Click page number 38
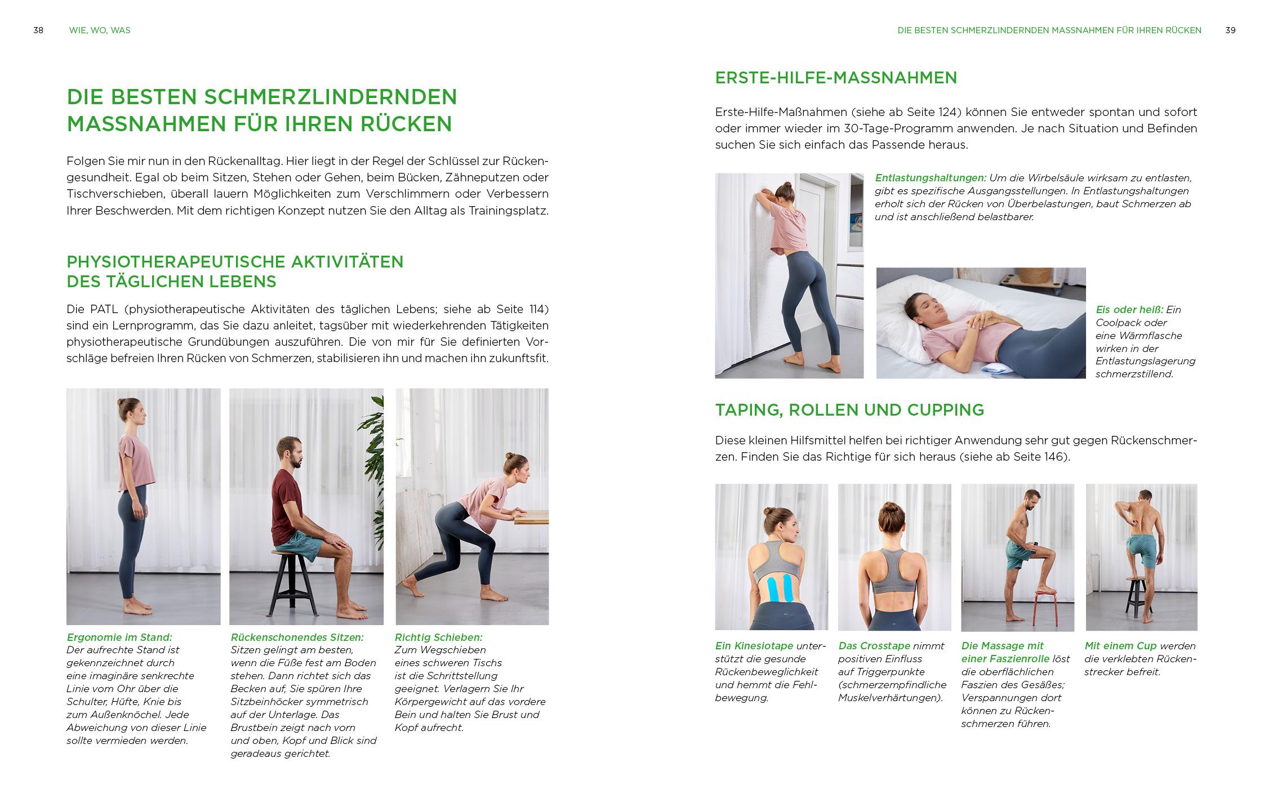tap(38, 30)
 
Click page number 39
tap(1230, 30)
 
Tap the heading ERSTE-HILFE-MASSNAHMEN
tap(836, 78)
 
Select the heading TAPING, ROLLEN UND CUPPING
tap(849, 410)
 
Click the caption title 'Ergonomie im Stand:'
tap(119, 637)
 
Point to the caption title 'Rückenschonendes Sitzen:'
tap(297, 637)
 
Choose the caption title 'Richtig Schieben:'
tap(439, 637)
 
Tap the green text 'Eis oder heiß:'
tap(1129, 310)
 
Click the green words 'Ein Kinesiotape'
tap(754, 646)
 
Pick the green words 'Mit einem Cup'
tap(1120, 646)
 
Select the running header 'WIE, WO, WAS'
tap(100, 30)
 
